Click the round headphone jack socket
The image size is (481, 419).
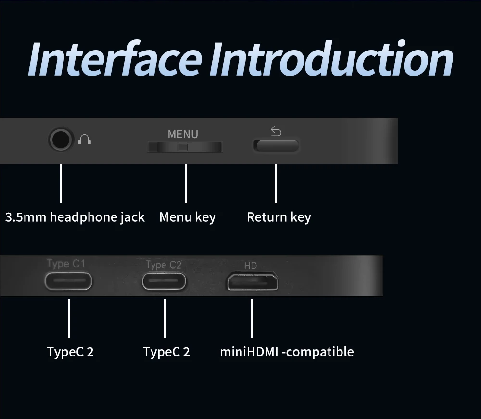point(61,140)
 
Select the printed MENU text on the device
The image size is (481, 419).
point(183,134)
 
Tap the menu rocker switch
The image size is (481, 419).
point(185,147)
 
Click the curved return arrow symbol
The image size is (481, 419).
point(276,131)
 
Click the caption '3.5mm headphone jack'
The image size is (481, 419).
point(75,217)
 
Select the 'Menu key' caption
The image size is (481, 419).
point(187,217)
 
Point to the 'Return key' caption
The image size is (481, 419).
point(278,217)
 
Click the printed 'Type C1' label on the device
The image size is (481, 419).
point(66,264)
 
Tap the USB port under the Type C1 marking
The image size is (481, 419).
point(68,281)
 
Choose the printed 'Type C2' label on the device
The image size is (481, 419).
point(163,265)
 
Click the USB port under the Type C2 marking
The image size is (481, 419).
point(164,281)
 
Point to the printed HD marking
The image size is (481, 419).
point(251,266)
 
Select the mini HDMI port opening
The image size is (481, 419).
point(252,281)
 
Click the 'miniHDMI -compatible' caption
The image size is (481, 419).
point(287,352)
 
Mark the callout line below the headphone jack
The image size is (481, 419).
point(61,183)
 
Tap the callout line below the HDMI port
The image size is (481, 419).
point(252,318)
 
